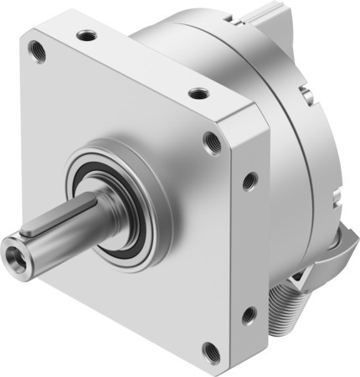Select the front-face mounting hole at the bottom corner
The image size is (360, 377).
click(x=210, y=352)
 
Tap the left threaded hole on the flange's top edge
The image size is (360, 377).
click(x=85, y=36)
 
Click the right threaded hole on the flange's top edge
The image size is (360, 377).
click(x=198, y=93)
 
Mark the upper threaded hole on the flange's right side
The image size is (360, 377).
click(x=249, y=178)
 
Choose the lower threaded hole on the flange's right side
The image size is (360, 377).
click(x=249, y=316)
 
